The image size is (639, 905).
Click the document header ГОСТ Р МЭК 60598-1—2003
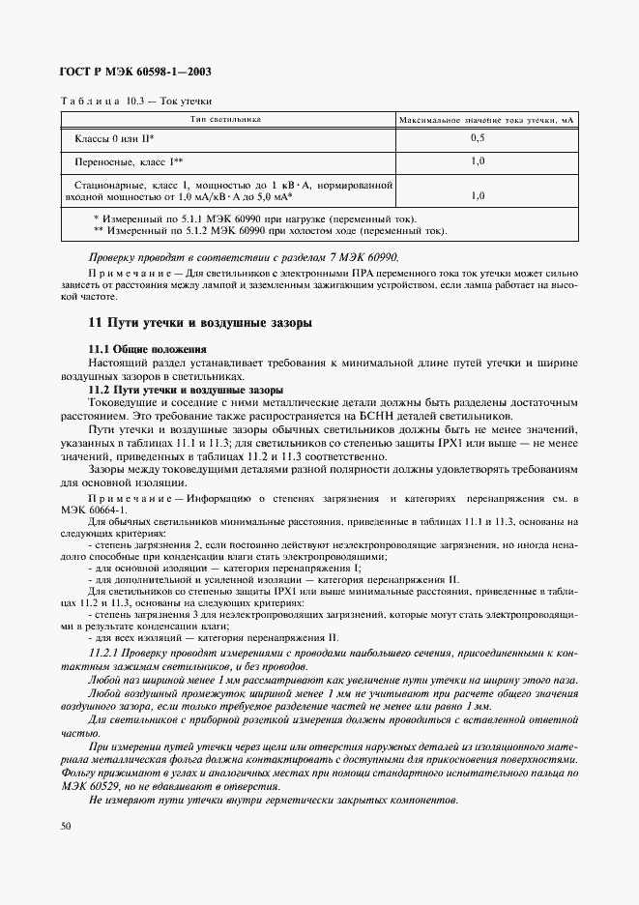pyautogui.click(x=135, y=73)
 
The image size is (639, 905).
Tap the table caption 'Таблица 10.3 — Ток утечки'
pyautogui.click(x=136, y=101)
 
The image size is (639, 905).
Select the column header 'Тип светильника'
pyautogui.click(x=226, y=120)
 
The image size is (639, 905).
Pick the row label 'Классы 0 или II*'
pyautogui.click(x=115, y=139)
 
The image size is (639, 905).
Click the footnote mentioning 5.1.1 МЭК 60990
pyautogui.click(x=255, y=219)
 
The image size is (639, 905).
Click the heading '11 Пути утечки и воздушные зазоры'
pyautogui.click(x=199, y=323)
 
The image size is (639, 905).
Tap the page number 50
pyautogui.click(x=66, y=826)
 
